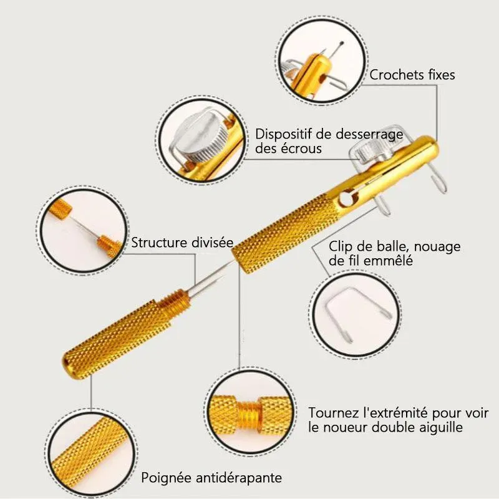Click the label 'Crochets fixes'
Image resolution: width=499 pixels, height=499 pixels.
pyautogui.click(x=412, y=75)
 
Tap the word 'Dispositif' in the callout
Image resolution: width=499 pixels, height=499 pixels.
pyautogui.click(x=284, y=134)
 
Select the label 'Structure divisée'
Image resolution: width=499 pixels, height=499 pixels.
pyautogui.click(x=182, y=243)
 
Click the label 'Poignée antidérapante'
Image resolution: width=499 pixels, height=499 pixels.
pyautogui.click(x=211, y=478)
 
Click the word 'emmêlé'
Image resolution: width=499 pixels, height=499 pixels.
pyautogui.click(x=388, y=261)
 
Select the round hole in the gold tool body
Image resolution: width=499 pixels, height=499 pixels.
pyautogui.click(x=347, y=198)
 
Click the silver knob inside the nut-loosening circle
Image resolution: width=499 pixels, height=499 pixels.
pyautogui.click(x=201, y=136)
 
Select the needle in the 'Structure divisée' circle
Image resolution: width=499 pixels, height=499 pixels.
pyautogui.click(x=84, y=226)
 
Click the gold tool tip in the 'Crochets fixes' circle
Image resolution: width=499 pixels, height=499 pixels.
pyautogui.click(x=311, y=72)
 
